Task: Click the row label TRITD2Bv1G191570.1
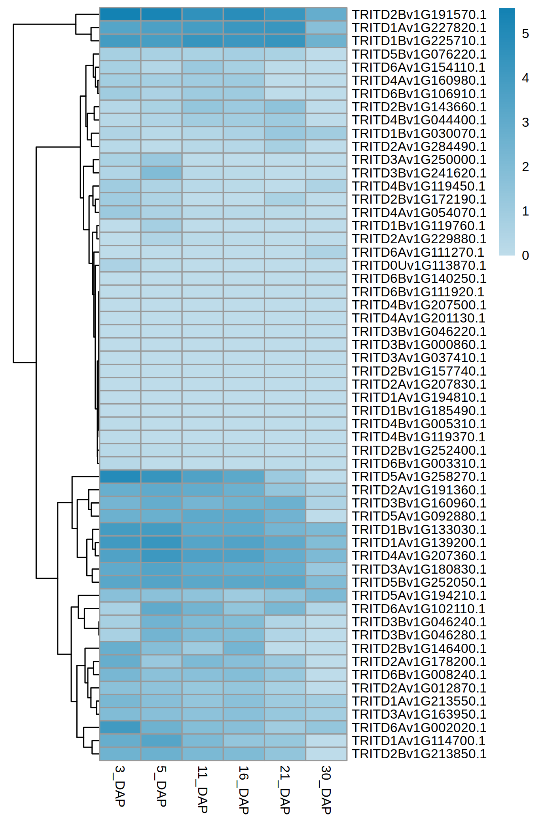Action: pos(419,15)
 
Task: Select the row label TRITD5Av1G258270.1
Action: pos(419,477)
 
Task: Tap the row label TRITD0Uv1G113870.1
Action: pos(419,265)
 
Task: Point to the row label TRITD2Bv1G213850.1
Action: pos(419,754)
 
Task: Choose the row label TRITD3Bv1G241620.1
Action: pos(419,173)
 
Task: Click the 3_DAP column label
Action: pos(120,786)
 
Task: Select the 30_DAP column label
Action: pos(326,790)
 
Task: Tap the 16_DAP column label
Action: pos(244,790)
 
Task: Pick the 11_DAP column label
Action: pos(203,790)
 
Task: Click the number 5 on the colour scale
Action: pos(525,34)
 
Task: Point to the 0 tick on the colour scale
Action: pos(525,256)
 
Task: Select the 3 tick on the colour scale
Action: pos(525,122)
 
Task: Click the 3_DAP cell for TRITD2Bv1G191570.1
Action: pos(120,15)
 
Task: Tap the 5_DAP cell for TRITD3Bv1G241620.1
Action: pos(161,173)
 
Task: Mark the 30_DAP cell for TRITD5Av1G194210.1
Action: pos(326,595)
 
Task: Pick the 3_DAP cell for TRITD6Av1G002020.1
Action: pos(120,727)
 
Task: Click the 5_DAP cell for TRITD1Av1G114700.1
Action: pos(161,740)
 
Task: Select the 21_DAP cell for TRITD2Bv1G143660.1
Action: pos(285,107)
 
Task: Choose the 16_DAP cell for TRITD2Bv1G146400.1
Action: pos(244,648)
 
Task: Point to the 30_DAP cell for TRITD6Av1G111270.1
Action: pos(326,252)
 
